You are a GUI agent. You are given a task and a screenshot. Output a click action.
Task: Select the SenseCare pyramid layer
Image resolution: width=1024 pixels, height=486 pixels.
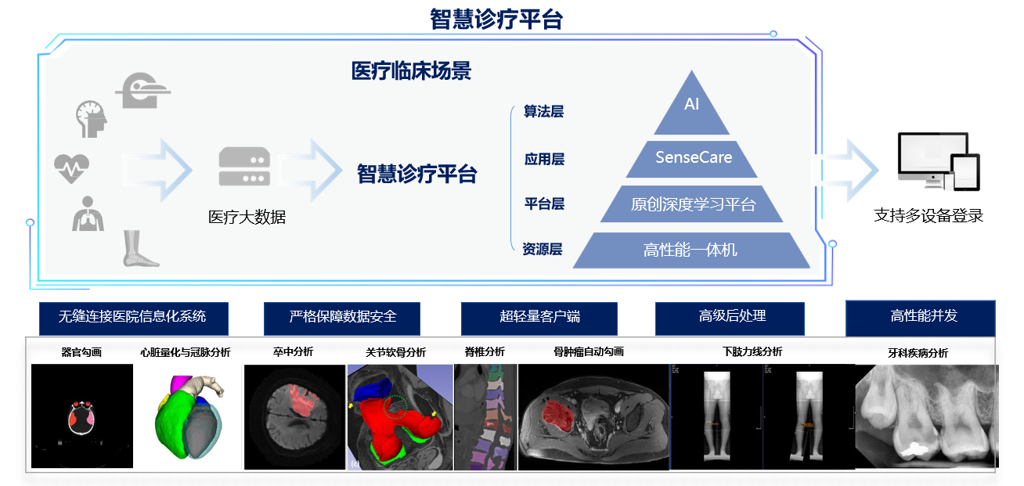692,159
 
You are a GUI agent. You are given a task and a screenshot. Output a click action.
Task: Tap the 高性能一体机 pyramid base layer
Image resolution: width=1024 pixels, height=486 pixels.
691,250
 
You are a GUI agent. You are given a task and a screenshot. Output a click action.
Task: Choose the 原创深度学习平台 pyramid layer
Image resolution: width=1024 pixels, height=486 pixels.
692,204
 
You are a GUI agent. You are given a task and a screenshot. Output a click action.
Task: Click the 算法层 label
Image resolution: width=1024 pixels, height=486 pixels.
543,111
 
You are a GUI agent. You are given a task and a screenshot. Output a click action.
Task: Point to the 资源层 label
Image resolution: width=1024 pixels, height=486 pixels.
543,249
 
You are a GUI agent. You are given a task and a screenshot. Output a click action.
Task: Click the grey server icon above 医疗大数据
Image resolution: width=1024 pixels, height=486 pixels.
244,167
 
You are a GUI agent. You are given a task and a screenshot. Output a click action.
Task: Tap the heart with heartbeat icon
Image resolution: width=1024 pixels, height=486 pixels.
71,168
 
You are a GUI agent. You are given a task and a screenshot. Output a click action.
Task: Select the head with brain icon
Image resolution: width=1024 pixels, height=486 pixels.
92,119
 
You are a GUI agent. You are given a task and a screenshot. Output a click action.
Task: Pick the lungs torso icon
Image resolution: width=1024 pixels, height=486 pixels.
88,214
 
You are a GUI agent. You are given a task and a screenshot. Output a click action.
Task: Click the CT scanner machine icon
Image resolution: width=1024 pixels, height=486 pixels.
143,91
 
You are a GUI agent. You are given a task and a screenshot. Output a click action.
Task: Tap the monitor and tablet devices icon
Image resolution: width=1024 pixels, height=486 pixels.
939,161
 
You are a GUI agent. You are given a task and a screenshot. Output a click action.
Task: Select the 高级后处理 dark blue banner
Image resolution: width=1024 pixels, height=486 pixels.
730,319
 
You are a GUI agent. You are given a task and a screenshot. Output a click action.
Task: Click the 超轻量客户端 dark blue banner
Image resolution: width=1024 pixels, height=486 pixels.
539,319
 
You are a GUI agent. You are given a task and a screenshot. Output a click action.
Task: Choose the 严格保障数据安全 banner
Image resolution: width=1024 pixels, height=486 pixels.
342,319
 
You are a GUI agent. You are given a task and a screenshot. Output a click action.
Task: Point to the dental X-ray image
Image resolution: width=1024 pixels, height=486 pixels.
927,416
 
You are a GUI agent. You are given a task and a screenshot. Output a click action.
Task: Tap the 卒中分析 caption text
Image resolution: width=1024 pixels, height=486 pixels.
293,351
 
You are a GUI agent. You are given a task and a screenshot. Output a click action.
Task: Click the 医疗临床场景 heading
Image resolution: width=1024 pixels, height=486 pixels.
411,71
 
